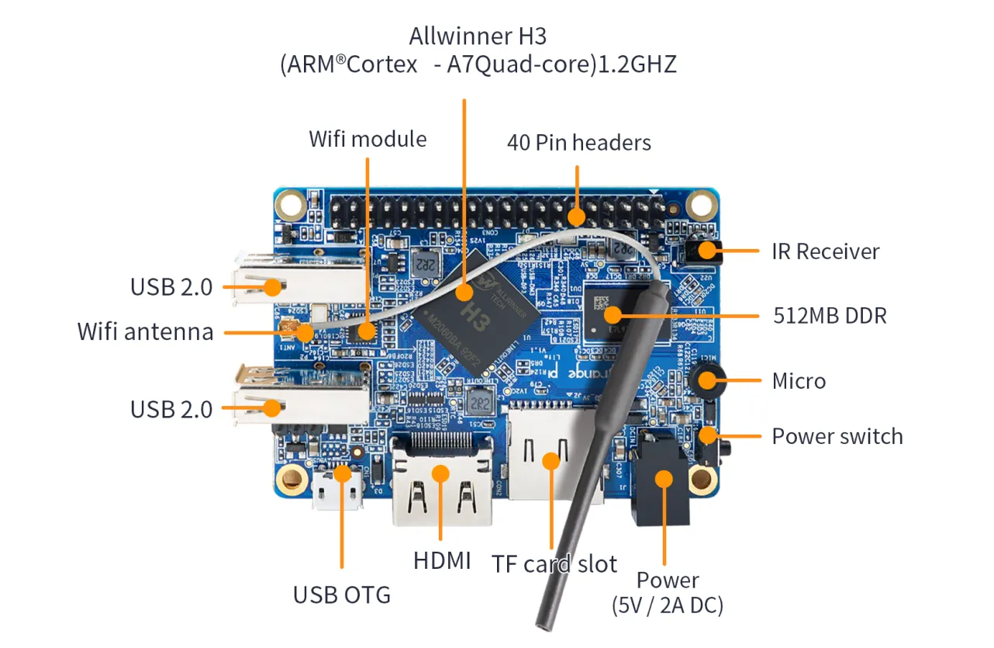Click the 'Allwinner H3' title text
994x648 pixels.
coord(478,36)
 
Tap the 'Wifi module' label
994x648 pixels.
coord(368,139)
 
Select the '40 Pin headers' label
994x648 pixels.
coord(578,142)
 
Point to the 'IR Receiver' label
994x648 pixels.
coord(825,251)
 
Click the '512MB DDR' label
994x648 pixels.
coord(830,316)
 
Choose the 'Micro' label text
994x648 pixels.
coord(799,381)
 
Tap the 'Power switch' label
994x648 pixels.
coord(837,436)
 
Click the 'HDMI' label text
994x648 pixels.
coord(441,560)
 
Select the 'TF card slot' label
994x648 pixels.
coord(554,564)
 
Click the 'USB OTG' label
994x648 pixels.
coord(341,595)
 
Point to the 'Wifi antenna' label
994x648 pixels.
coord(145,332)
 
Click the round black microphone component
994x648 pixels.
coord(706,379)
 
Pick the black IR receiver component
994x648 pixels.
coord(702,250)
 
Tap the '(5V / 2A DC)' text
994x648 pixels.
coord(667,605)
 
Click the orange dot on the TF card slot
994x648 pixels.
coord(550,461)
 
